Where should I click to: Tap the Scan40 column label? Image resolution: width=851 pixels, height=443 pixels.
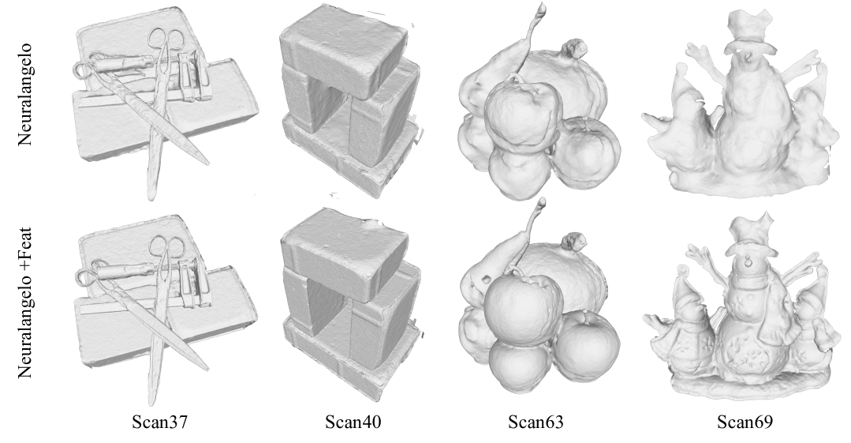click(x=353, y=422)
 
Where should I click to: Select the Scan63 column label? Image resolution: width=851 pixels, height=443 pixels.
click(x=536, y=422)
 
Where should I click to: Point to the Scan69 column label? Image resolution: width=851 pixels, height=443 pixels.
click(x=745, y=422)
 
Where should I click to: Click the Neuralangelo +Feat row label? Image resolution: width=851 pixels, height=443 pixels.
click(x=25, y=302)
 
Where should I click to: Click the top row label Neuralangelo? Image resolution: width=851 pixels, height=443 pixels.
click(x=25, y=95)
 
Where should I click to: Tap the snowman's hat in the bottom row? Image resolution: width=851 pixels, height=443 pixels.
click(x=751, y=235)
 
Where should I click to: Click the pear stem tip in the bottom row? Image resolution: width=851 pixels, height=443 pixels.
click(x=540, y=201)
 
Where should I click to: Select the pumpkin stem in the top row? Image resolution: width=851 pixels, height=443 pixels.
click(x=577, y=48)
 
